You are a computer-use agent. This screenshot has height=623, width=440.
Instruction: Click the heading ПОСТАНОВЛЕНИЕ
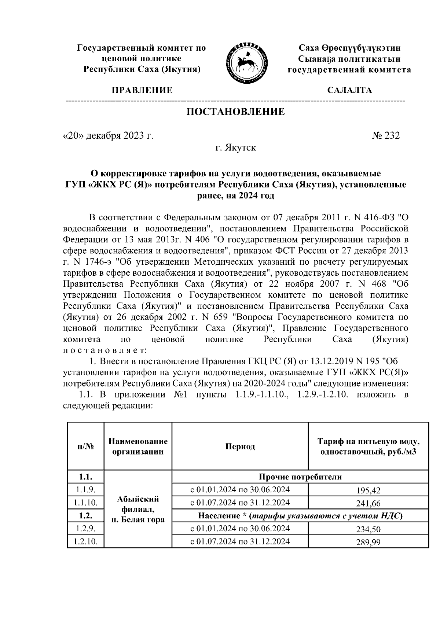(236, 112)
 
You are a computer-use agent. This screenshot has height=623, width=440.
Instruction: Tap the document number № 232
(386, 135)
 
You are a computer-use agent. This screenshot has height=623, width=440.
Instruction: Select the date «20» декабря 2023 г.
(108, 135)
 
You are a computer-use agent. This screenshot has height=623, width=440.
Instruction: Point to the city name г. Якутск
(235, 148)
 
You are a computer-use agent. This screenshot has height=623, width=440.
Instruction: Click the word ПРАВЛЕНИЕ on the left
(142, 90)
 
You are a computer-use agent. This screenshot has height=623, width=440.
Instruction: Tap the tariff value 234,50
(368, 529)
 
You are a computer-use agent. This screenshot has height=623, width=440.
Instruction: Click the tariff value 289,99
(368, 542)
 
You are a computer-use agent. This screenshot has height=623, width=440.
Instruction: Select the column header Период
(240, 446)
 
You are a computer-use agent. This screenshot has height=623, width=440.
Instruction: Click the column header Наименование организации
(138, 446)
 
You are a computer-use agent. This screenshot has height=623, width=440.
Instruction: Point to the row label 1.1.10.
(85, 503)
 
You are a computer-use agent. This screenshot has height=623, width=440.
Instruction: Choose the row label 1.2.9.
(85, 528)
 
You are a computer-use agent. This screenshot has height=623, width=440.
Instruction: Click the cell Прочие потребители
(300, 477)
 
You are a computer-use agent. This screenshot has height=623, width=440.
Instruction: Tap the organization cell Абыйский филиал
(138, 509)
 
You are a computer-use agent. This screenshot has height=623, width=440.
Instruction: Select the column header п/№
(85, 446)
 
